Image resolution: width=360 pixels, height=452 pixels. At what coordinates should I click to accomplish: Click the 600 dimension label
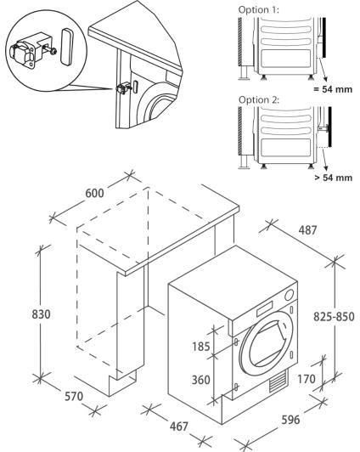point(95,193)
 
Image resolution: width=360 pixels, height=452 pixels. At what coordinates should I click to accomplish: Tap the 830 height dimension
point(41,314)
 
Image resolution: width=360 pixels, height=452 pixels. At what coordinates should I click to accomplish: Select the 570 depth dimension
point(74,397)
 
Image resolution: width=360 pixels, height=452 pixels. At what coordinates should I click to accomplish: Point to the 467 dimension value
point(179,427)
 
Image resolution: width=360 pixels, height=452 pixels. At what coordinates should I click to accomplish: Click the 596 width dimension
point(290,420)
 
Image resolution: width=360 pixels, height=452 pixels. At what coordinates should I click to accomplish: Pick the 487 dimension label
point(307,230)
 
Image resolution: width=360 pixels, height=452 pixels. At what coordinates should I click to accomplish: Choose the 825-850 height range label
point(334,317)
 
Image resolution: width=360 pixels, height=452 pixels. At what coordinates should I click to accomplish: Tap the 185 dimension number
point(201,346)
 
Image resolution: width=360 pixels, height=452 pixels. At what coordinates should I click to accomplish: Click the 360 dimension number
point(200,380)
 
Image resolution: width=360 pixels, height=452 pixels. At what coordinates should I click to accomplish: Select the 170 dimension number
point(307,379)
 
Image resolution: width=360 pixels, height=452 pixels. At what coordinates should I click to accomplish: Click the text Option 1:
point(259,10)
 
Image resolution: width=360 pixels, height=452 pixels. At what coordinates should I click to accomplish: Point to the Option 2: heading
point(259,99)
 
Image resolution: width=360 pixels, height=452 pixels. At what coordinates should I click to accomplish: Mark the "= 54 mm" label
point(333,89)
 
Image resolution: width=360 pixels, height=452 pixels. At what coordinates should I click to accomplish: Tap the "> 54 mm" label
point(333,178)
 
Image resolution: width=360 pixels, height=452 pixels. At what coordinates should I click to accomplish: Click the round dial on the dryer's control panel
point(289,295)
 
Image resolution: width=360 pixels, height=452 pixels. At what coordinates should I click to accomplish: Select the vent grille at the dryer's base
point(278,381)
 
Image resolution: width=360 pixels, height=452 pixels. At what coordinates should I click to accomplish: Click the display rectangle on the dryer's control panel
point(264,308)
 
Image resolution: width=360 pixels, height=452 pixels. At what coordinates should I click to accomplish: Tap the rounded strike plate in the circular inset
point(66,47)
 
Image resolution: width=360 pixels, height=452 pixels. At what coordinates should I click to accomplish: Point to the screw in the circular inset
point(52,51)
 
